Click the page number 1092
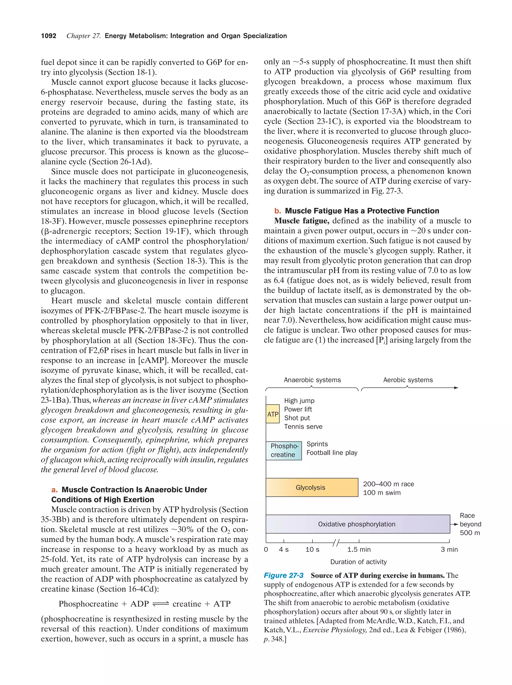[x=49, y=36]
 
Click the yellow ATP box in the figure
[x=272, y=414]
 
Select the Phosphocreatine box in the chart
[x=284, y=451]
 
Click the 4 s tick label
[x=283, y=549]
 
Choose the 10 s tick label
[x=312, y=549]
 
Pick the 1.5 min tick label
[x=359, y=549]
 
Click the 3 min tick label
[x=449, y=549]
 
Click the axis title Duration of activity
[x=358, y=562]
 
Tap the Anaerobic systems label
[x=312, y=380]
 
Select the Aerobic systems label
[x=407, y=380]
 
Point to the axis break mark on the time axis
[x=336, y=543]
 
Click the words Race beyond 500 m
[x=470, y=524]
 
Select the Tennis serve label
[x=303, y=427]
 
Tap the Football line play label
[x=332, y=453]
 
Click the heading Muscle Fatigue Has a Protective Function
[x=362, y=211]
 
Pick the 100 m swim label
[x=381, y=493]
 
